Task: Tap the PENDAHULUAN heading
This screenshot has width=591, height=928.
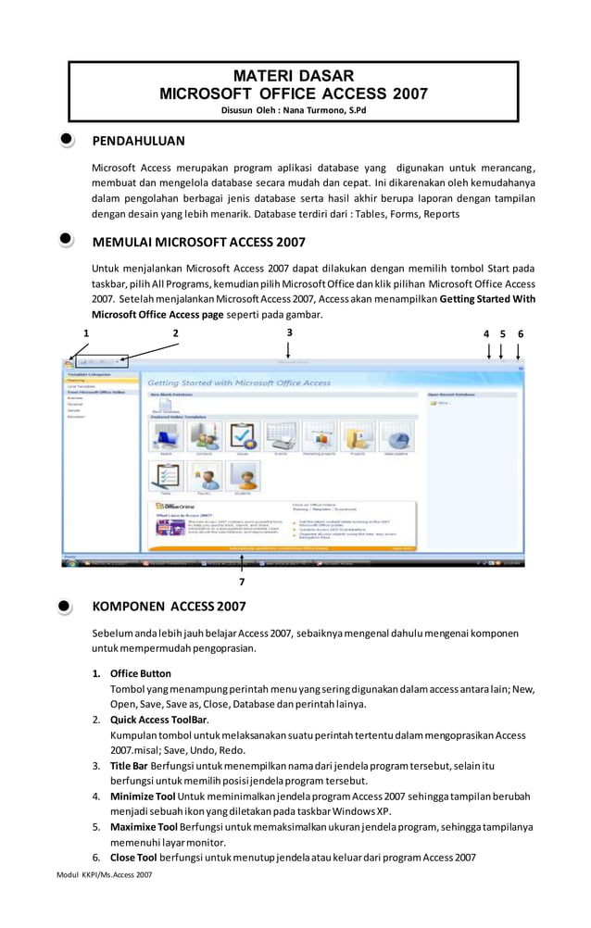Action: (138, 141)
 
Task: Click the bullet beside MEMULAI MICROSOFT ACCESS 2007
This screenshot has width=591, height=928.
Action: (67, 241)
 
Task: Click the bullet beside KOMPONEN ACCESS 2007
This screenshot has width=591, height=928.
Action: (67, 607)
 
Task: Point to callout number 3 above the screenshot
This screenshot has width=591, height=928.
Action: (289, 332)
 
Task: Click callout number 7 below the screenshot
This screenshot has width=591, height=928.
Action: (242, 582)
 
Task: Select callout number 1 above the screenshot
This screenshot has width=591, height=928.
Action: (86, 333)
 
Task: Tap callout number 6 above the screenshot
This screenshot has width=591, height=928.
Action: (521, 333)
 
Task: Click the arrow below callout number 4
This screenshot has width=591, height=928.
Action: (488, 351)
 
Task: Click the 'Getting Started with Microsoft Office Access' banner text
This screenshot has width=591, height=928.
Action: (240, 382)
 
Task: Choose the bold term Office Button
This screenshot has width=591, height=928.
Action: (140, 673)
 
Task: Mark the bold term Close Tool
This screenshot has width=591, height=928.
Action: (134, 858)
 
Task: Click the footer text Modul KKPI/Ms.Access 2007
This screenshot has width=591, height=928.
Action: (104, 875)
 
